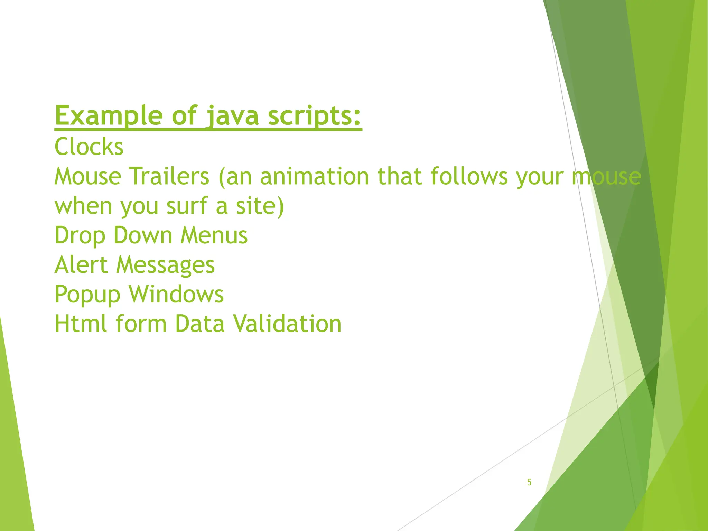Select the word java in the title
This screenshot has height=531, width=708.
[232, 116]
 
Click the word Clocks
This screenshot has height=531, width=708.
[89, 147]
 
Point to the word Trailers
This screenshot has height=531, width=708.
[169, 176]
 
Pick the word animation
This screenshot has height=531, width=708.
[315, 176]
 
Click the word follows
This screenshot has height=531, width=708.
[469, 176]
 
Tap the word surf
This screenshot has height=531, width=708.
[187, 206]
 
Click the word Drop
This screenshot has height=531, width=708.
[80, 236]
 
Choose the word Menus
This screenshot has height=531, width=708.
[214, 236]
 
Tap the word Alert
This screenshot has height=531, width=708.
[81, 265]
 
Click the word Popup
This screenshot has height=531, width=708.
[87, 295]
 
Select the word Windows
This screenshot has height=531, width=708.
[176, 295]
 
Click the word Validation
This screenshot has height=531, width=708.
[287, 324]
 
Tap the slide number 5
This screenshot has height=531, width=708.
[529, 482]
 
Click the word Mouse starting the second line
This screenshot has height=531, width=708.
[88, 176]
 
